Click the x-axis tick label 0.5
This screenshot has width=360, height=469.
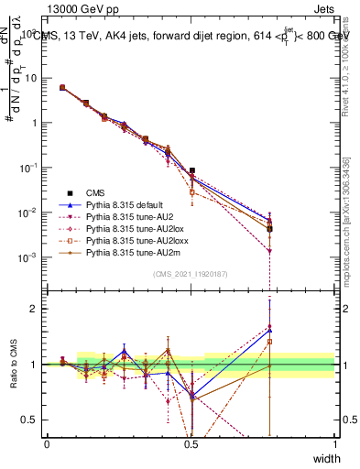point(191,443)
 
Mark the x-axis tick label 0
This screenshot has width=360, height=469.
point(48,443)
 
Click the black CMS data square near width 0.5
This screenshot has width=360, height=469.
point(191,170)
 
